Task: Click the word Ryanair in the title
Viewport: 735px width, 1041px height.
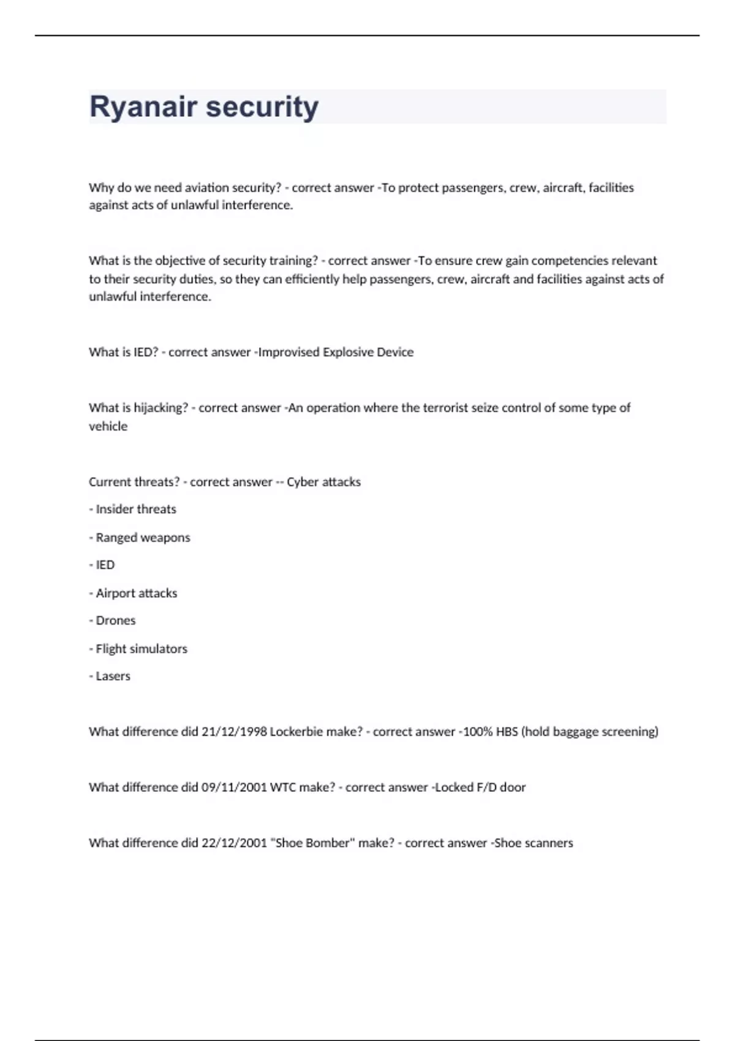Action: pos(143,107)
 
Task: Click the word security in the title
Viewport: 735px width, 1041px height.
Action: pos(262,107)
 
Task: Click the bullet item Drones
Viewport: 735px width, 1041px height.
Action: pos(115,620)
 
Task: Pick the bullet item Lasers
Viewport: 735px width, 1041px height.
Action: pos(113,676)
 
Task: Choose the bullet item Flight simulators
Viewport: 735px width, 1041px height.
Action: pos(141,648)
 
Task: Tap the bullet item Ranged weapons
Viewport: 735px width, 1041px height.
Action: pos(143,538)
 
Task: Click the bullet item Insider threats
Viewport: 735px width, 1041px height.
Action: pos(135,509)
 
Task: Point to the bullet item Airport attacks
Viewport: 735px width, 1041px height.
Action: pos(136,593)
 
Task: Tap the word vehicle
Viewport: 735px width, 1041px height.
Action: pos(108,426)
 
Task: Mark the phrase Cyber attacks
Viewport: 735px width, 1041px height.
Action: pos(323,482)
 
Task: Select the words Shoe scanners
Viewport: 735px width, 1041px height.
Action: pos(533,843)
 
